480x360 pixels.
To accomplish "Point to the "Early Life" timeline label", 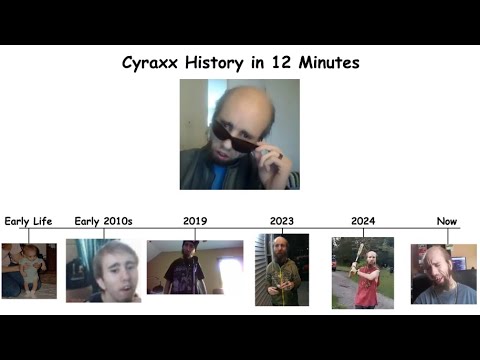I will (28, 221).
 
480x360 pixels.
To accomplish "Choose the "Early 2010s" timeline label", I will (105, 221).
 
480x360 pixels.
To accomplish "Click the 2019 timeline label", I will (195, 221).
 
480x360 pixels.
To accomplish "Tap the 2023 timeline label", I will (282, 221).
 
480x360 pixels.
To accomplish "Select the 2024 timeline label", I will (363, 221).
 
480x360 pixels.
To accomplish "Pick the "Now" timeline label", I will (447, 221).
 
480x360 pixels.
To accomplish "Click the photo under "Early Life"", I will (28, 271).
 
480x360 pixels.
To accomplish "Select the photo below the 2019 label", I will (195, 267).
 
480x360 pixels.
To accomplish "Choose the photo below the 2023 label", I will (282, 269).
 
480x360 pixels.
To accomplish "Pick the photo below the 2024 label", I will (362, 272).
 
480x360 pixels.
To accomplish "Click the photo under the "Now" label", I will (443, 273).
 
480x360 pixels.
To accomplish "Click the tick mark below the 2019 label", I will (195, 234).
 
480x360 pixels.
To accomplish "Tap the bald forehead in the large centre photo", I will (232, 106).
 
